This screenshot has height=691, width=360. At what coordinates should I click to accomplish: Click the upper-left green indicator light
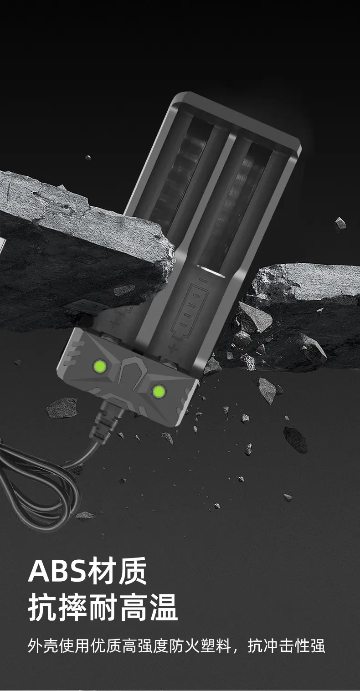point(100,366)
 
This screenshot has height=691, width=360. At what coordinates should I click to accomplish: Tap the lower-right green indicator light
point(159,392)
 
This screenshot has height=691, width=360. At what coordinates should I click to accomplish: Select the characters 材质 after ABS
point(117,571)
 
